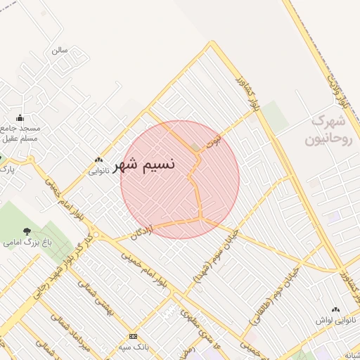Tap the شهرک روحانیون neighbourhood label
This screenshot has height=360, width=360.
point(332,130)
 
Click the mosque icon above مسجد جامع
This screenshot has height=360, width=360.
point(20,117)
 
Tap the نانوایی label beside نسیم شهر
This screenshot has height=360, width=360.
point(98,169)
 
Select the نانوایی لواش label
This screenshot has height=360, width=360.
point(336,319)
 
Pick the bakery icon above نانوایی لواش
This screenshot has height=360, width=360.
point(335,309)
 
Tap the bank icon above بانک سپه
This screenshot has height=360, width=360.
point(133,336)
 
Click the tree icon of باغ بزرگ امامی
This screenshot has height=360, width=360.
point(27,231)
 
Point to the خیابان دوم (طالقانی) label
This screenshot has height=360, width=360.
point(276,296)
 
